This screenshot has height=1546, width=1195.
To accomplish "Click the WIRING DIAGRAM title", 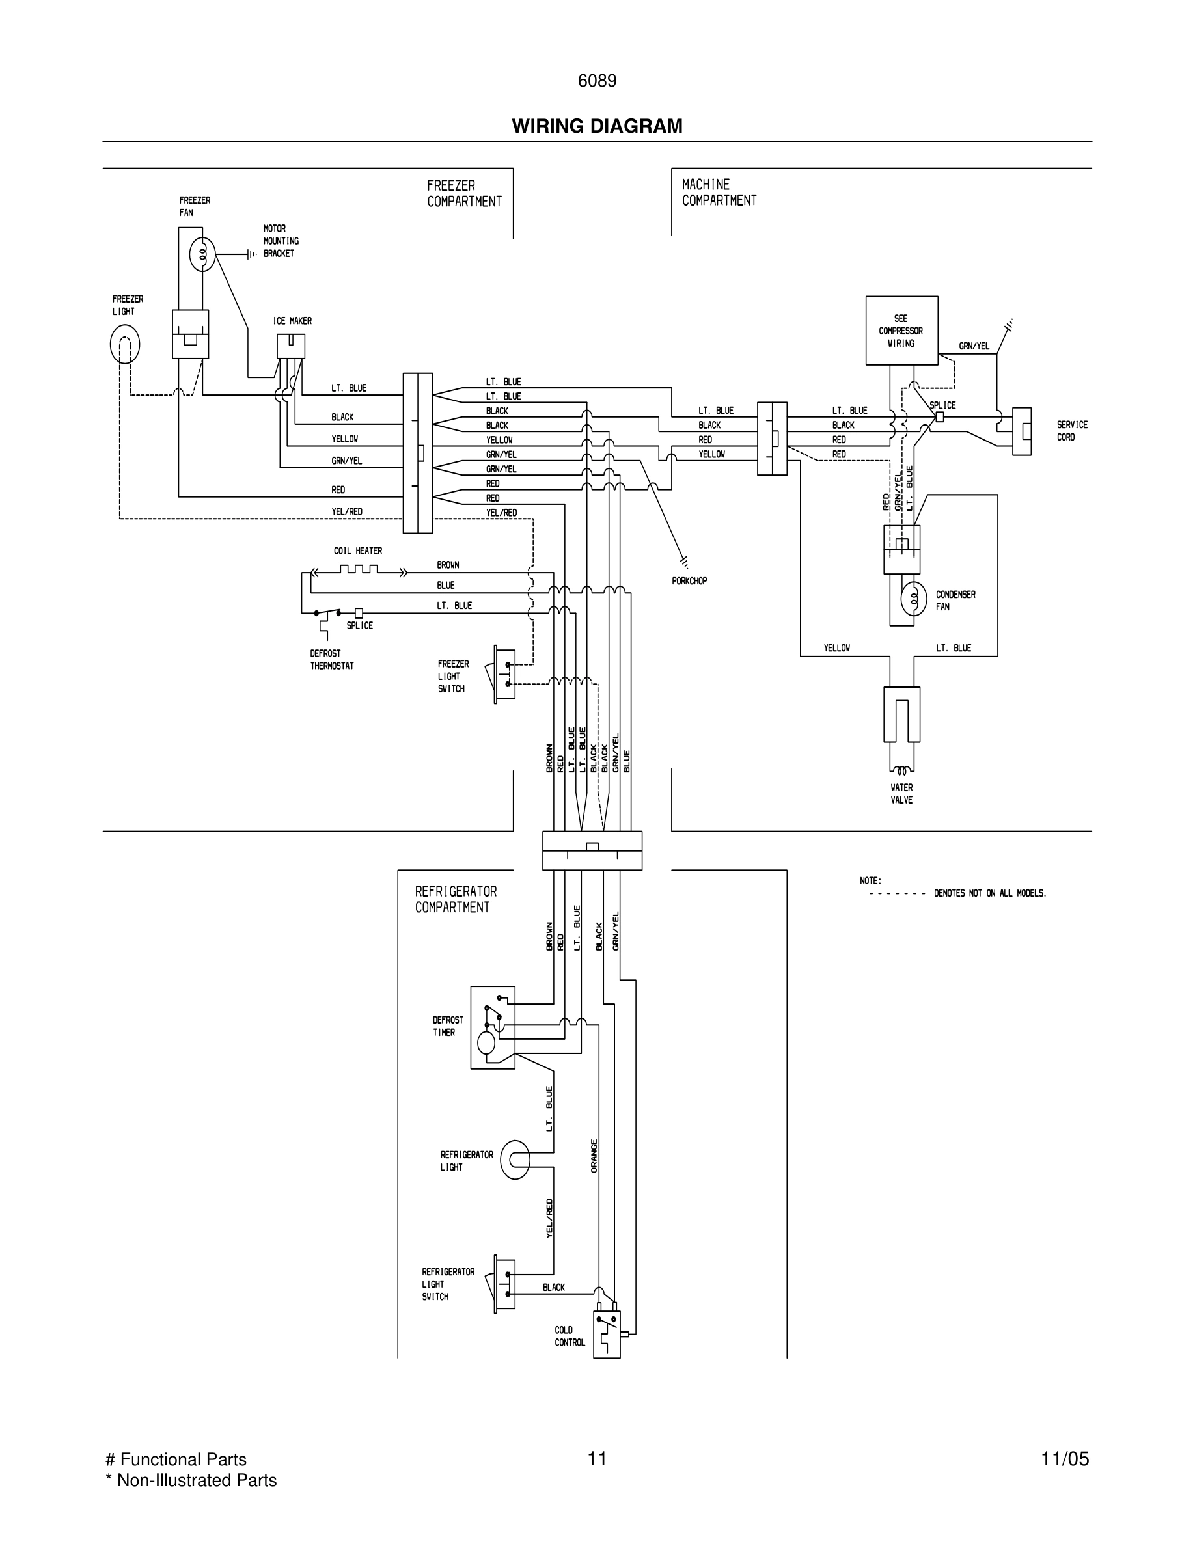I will [597, 126].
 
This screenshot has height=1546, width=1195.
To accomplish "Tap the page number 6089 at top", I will [597, 81].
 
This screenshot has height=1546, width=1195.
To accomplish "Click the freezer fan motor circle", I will [202, 255].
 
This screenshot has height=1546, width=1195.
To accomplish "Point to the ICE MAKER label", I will [292, 321].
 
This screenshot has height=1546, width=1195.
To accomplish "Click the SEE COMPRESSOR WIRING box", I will [901, 331].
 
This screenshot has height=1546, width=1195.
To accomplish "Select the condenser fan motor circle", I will [913, 599].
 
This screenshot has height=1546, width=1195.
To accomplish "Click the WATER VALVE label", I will [901, 794].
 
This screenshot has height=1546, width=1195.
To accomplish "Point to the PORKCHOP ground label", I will [689, 581].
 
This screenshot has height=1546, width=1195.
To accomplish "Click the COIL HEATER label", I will [357, 550].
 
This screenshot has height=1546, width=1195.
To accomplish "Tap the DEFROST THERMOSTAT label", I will [331, 660].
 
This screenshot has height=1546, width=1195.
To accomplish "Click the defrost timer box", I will [493, 1027].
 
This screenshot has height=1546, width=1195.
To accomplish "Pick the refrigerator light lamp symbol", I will [515, 1159].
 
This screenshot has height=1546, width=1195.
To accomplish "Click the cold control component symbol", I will [607, 1334].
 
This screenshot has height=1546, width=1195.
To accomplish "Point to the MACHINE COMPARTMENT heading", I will [719, 193].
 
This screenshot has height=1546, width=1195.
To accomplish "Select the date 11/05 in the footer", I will [1064, 1459].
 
